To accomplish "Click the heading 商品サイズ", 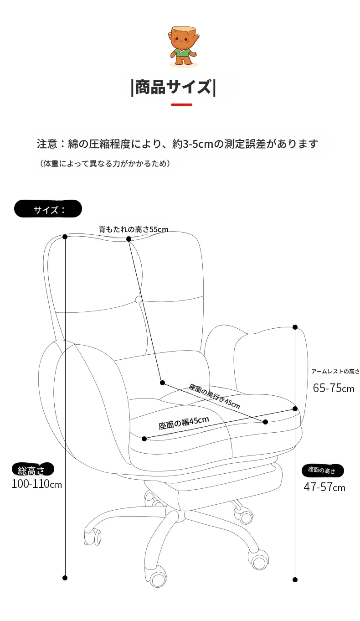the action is pyautogui.click(x=174, y=88).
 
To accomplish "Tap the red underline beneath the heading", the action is pyautogui.click(x=181, y=104).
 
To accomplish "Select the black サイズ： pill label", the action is pyautogui.click(x=48, y=209).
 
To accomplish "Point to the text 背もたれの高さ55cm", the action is pyautogui.click(x=134, y=229).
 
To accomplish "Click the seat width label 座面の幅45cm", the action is pyautogui.click(x=184, y=423).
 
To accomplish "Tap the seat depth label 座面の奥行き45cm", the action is pyautogui.click(x=214, y=396).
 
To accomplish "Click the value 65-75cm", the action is pyautogui.click(x=334, y=388).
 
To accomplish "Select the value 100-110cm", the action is pyautogui.click(x=36, y=484).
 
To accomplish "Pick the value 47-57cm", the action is pyautogui.click(x=324, y=487).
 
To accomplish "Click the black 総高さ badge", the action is pyautogui.click(x=33, y=470).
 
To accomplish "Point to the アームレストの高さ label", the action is pyautogui.click(x=335, y=371).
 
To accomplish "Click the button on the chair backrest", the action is pyautogui.click(x=139, y=300).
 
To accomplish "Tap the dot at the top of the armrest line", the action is pyautogui.click(x=295, y=327).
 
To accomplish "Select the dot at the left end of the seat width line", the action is pyautogui.click(x=144, y=439).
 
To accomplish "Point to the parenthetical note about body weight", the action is pyautogui.click(x=105, y=163).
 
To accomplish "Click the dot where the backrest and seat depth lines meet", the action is pyautogui.click(x=163, y=383).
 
